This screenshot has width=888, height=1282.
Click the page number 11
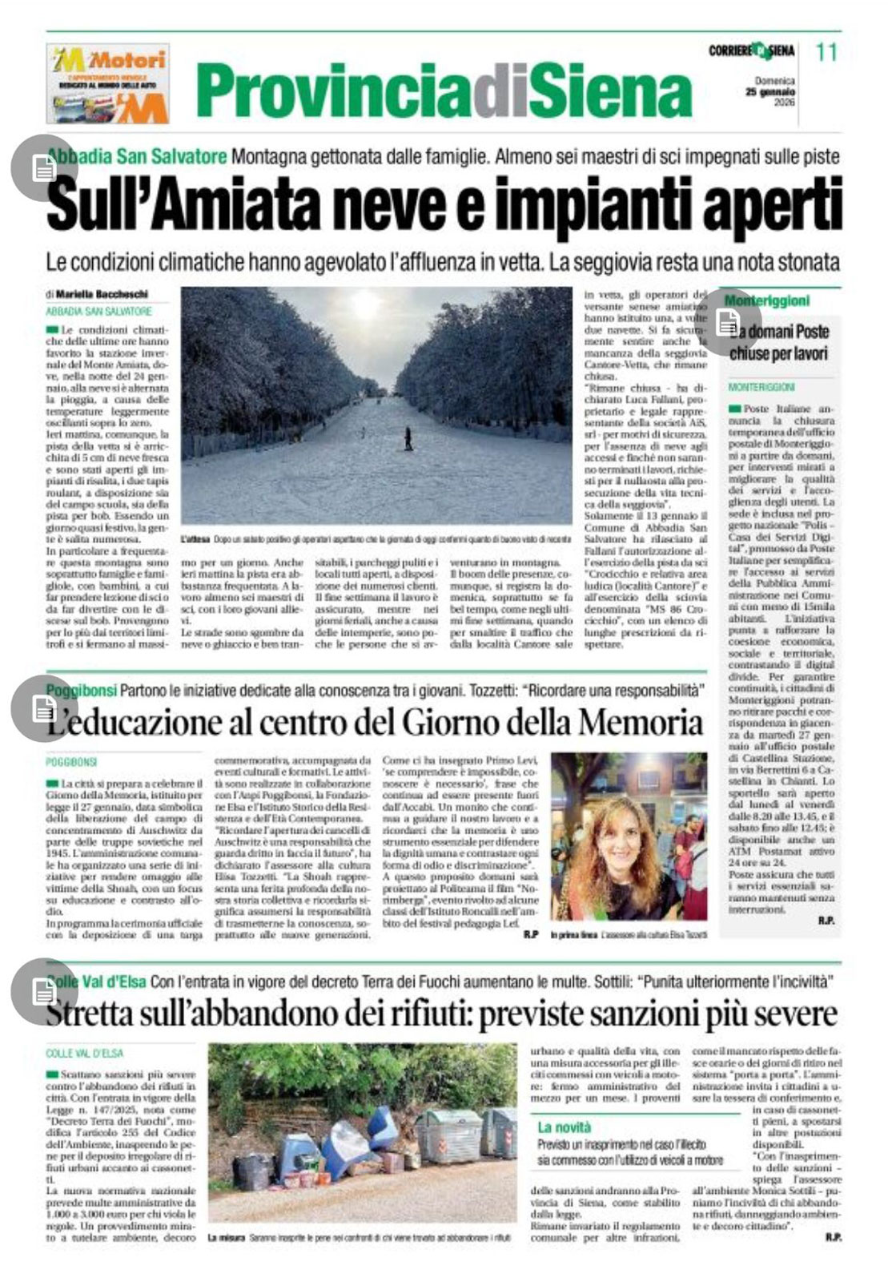pyautogui.click(x=826, y=52)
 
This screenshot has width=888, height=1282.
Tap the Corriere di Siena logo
pyautogui.click(x=751, y=51)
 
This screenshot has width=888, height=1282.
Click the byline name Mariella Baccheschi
pyautogui.click(x=102, y=294)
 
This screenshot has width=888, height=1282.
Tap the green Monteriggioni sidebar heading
pyautogui.click(x=766, y=300)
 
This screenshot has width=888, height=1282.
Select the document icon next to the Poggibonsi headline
pyautogui.click(x=43, y=708)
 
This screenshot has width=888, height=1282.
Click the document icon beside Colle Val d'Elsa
pyautogui.click(x=43, y=991)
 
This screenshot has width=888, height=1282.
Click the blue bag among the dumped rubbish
pyautogui.click(x=382, y=1128)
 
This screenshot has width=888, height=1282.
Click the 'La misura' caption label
pyautogui.click(x=226, y=1238)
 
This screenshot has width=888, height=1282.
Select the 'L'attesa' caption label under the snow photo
pyautogui.click(x=195, y=540)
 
